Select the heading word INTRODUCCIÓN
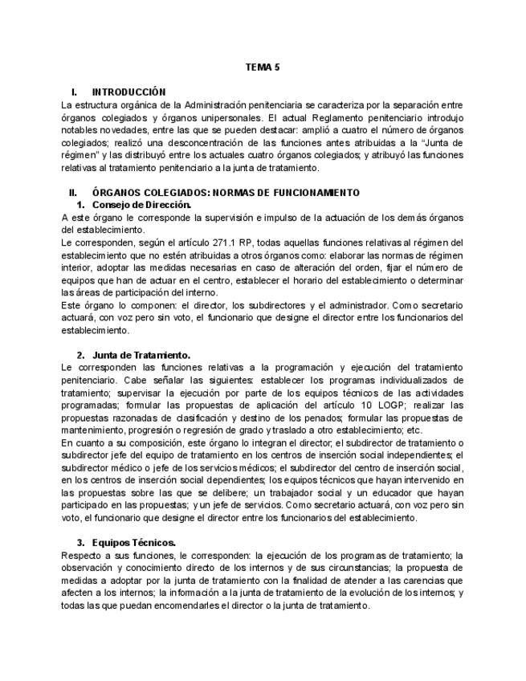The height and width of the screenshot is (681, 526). click(x=128, y=92)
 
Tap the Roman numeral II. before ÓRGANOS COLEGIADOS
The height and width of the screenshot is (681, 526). click(x=73, y=193)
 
